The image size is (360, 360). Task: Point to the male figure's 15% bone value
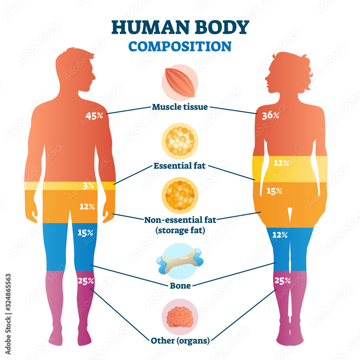point(85,233)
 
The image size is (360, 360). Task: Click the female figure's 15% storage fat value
point(274,191)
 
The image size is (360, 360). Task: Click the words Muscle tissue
point(180,107)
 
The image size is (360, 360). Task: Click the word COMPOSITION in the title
point(180,46)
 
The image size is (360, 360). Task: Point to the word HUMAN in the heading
point(144,27)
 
